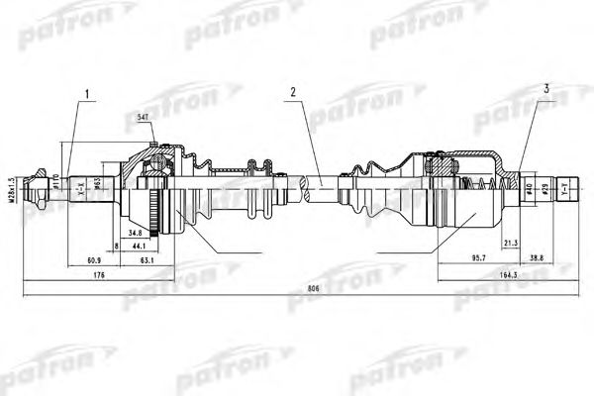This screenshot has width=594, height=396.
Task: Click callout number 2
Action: [x=293, y=94]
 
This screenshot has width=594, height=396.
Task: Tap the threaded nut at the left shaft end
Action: [x=41, y=184]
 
